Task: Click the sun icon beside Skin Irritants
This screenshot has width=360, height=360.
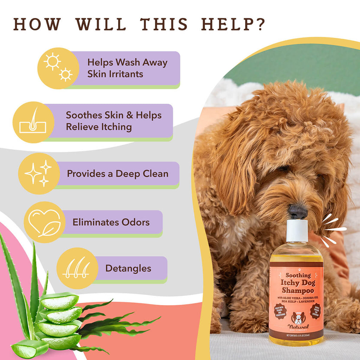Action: click(x=58, y=68)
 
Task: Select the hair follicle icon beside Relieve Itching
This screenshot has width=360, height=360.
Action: click(x=33, y=122)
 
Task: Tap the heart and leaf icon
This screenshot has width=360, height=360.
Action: click(x=44, y=223)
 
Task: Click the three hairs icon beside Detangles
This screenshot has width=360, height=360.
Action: click(x=77, y=268)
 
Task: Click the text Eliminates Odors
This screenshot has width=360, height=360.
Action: click(x=111, y=222)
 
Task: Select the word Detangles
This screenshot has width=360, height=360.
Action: click(x=128, y=268)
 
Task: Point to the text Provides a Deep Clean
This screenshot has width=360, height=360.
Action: click(x=117, y=174)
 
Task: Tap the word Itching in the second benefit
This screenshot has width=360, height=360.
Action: click(x=115, y=127)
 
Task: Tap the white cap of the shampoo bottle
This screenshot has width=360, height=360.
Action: click(x=297, y=230)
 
